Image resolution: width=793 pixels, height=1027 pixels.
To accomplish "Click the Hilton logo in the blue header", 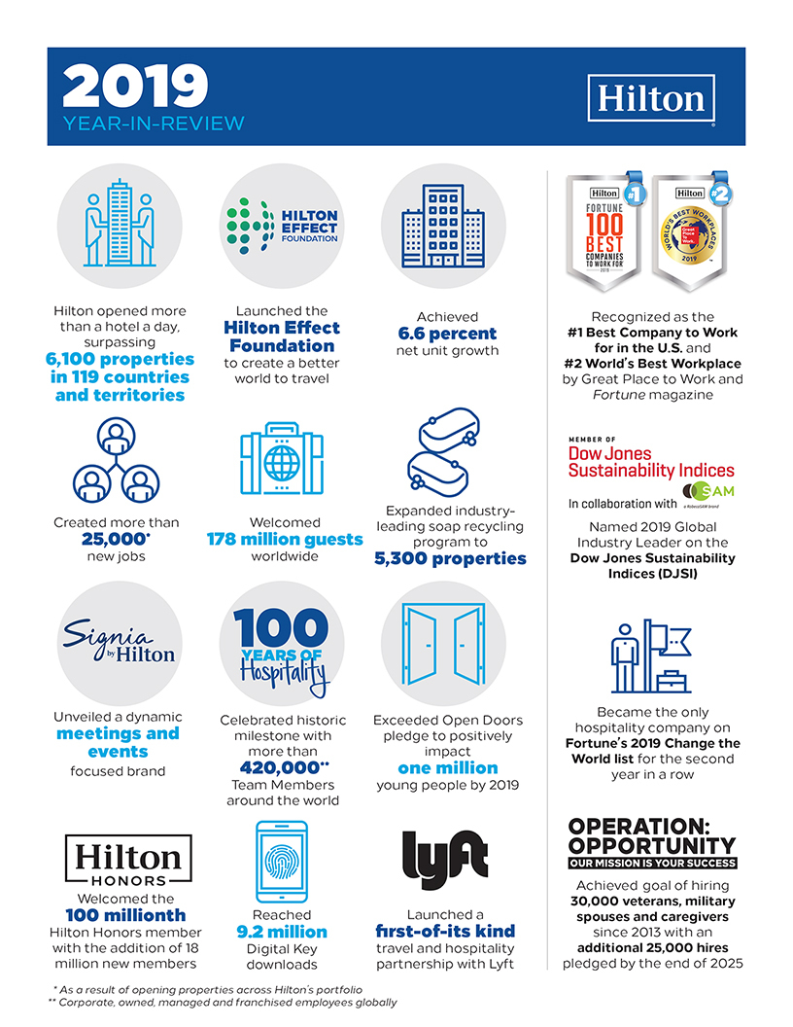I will coord(650,99).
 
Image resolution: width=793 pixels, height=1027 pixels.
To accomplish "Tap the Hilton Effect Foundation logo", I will coord(281,226).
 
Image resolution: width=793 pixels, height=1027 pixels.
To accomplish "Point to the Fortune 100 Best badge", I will coord(604,233).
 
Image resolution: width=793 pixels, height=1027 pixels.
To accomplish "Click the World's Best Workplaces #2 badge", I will coord(691,233).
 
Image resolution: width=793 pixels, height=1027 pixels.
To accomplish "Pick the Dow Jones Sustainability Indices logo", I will coord(650,461).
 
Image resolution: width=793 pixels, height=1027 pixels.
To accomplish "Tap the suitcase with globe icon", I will coord(281,460).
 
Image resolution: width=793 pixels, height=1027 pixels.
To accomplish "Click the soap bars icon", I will coord(441,455).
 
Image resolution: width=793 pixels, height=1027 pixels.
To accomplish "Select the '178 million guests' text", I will coord(285,540).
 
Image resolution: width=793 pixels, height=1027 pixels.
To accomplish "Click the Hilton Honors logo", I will coord(127,863).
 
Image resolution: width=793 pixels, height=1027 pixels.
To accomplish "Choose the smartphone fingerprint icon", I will coord(281,862).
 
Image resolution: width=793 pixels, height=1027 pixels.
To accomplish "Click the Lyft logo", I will coord(443,860).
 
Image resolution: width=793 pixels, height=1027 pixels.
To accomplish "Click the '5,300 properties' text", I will coord(449,559).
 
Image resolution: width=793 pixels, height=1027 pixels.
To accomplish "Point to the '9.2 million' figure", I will coord(281,933).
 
